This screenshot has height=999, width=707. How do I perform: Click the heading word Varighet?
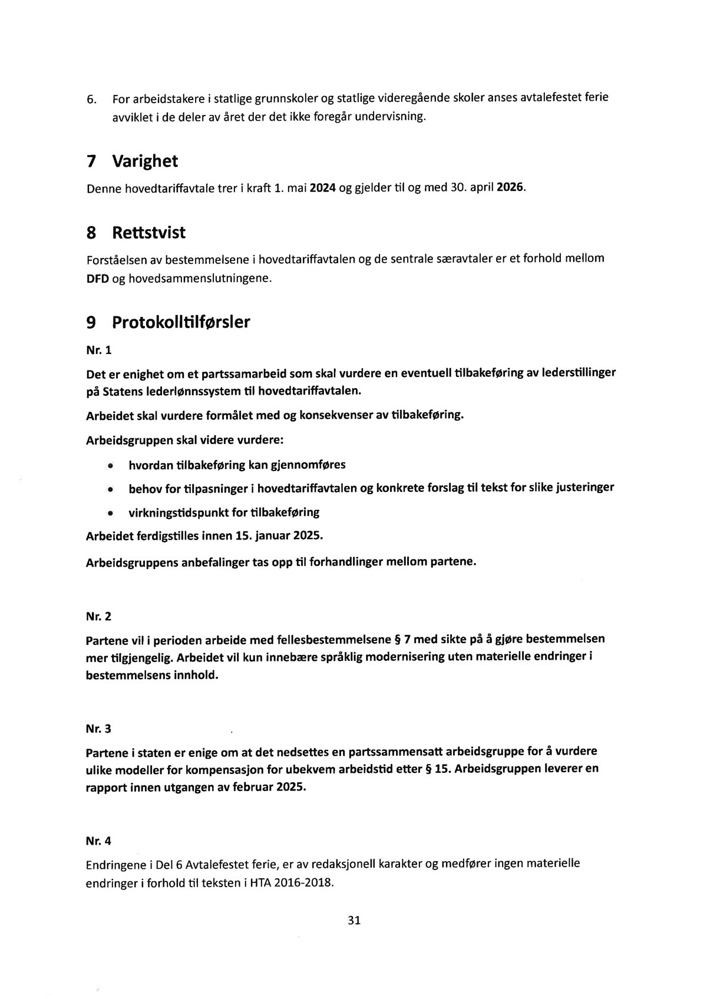pyautogui.click(x=145, y=161)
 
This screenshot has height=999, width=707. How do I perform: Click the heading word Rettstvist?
pyautogui.click(x=148, y=233)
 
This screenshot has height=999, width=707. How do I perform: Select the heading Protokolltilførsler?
pyautogui.click(x=181, y=322)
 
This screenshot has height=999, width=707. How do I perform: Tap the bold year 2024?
pyautogui.click(x=322, y=189)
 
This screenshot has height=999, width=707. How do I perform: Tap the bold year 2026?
pyautogui.click(x=510, y=189)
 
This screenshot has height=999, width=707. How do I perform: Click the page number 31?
pyautogui.click(x=354, y=920)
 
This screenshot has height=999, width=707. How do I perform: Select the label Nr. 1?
pyautogui.click(x=98, y=350)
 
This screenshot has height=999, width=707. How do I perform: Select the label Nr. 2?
pyautogui.click(x=98, y=617)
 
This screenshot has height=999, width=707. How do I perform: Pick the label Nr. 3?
pyautogui.click(x=98, y=729)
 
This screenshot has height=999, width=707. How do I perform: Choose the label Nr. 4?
pyautogui.click(x=98, y=841)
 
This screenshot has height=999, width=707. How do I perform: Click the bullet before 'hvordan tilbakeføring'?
pyautogui.click(x=110, y=466)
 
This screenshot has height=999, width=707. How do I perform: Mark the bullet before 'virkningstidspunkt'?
pyautogui.click(x=110, y=513)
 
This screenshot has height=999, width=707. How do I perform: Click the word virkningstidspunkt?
pyautogui.click(x=179, y=512)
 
